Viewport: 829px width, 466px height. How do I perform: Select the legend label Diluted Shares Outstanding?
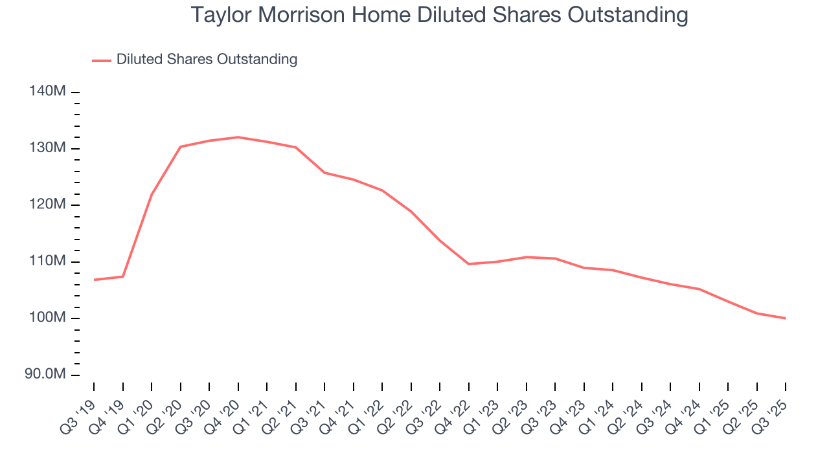tap(207, 60)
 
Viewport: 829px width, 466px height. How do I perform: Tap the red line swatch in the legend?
tap(102, 60)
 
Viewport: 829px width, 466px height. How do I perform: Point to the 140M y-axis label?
tap(47, 92)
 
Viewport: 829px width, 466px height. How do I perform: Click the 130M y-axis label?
tap(47, 148)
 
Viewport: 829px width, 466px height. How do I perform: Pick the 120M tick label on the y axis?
tap(47, 205)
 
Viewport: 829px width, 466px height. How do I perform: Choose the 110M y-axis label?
tap(47, 261)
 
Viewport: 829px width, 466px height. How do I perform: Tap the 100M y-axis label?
tap(47, 318)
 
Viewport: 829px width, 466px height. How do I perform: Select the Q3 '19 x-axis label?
tap(78, 414)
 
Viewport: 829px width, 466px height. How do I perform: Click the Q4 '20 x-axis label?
tap(222, 414)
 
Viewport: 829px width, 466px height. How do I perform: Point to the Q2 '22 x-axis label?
tap(395, 414)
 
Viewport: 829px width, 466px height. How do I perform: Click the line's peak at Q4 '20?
tap(238, 137)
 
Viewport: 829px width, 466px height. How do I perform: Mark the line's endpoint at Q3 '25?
tap(786, 318)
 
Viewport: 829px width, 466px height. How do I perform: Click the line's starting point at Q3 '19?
tap(94, 280)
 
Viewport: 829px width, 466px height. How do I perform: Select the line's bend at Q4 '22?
tap(468, 264)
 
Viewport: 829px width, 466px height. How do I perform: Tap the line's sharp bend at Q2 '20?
tap(180, 147)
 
